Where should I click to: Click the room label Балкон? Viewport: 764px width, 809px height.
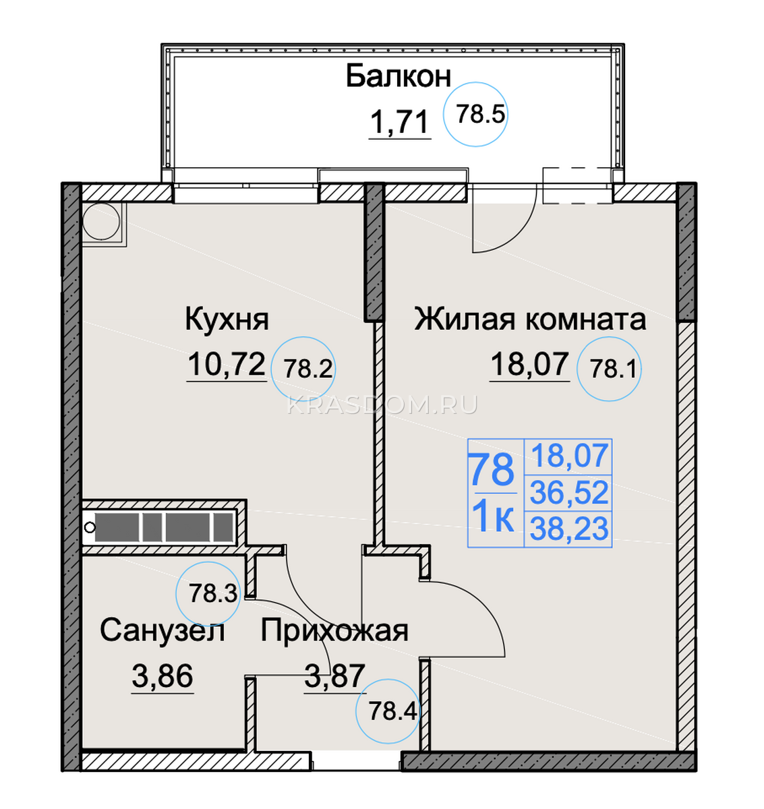399,77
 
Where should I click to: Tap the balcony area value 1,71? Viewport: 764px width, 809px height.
400,122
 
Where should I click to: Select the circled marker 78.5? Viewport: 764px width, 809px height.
475,115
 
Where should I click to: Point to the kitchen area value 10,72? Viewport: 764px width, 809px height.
227,364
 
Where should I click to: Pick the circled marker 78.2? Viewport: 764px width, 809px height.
303,369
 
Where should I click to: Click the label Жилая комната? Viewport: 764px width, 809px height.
530,320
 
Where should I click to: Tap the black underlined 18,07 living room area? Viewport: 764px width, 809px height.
529,364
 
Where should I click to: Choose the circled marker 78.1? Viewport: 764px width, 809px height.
609,369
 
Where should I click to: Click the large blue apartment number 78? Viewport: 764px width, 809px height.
493,471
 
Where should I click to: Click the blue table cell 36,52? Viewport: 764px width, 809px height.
569,493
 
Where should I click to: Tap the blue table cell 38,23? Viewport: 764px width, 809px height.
569,529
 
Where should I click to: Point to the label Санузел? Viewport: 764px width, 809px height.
162,631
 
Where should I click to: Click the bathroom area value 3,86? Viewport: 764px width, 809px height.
162,676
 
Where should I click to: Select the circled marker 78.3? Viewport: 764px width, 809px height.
208,594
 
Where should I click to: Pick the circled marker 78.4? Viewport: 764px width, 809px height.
388,711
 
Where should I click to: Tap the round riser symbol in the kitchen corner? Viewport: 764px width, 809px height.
101,222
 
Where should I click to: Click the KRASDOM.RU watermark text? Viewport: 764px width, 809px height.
382,406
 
